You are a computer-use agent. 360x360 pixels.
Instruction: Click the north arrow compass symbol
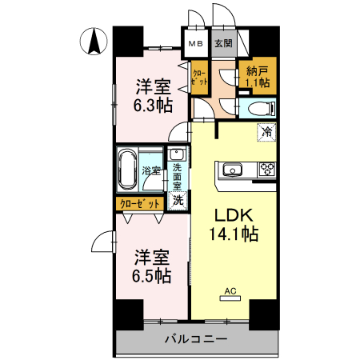(x=93, y=41)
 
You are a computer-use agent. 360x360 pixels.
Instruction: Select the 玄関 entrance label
(x=223, y=44)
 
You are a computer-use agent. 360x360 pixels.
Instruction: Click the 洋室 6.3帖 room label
(x=151, y=95)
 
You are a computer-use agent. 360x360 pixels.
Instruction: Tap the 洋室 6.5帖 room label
(x=151, y=266)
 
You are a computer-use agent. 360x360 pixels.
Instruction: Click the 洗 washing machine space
(x=178, y=202)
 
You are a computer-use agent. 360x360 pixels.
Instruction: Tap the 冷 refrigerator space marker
(x=265, y=133)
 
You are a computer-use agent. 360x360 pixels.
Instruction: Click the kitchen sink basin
(x=233, y=169)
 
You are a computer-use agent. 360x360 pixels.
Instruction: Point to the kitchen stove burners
(x=266, y=169)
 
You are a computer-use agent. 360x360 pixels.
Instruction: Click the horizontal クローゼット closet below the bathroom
(x=141, y=204)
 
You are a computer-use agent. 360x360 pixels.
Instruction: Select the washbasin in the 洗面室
(x=178, y=155)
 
